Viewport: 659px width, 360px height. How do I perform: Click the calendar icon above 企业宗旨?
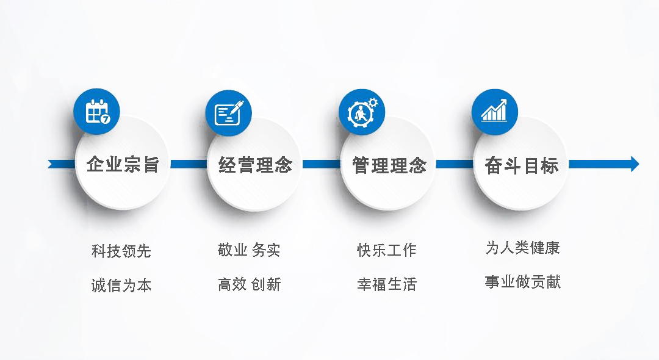point(96,112)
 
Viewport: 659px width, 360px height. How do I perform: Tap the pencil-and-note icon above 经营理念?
point(229,113)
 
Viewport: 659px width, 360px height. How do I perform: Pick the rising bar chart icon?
point(495,111)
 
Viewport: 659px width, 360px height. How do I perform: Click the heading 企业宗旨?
point(123,164)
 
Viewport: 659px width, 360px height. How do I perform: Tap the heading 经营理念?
point(255,165)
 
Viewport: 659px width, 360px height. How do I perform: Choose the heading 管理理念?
point(389,165)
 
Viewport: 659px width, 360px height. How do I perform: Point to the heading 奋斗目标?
point(522,165)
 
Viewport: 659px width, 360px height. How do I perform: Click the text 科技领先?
point(121,251)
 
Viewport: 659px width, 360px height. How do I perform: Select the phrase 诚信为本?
point(121,285)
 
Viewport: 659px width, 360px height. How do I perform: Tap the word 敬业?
point(232,250)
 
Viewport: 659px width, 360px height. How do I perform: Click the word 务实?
point(266,250)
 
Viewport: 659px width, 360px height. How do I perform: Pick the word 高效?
point(232,284)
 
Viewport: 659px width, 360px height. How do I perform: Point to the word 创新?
point(266,284)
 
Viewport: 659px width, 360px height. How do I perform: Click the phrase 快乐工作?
point(387,250)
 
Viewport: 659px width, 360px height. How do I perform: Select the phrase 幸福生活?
point(387,284)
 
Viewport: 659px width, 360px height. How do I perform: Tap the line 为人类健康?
point(522,247)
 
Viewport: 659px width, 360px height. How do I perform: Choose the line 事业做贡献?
point(522,282)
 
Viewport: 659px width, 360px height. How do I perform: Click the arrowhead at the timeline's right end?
point(635,164)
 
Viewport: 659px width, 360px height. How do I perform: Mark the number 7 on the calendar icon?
point(106,119)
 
